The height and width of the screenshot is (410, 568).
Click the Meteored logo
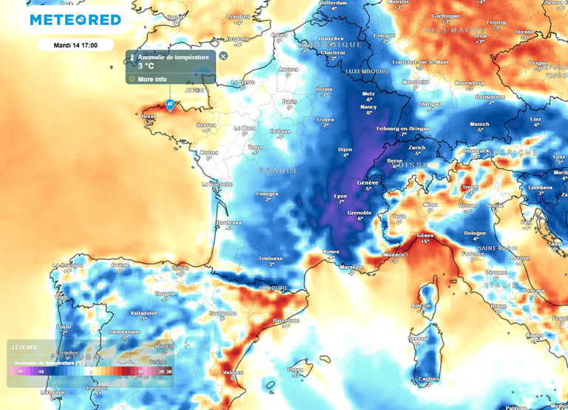tap(75, 20)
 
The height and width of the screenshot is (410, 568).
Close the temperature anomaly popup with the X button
tap(223, 55)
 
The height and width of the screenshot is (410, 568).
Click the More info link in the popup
tap(152, 78)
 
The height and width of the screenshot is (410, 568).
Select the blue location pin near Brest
tap(170, 106)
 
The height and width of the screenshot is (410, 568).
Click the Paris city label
tap(289, 101)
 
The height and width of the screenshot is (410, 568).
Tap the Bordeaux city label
tap(229, 222)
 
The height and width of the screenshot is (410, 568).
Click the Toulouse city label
tap(271, 258)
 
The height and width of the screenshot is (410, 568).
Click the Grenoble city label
tap(359, 213)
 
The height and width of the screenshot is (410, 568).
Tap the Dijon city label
tap(345, 150)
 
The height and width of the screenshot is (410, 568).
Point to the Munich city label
tap(479, 124)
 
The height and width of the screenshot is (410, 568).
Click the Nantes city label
tap(209, 152)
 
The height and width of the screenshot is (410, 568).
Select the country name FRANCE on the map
tap(279, 171)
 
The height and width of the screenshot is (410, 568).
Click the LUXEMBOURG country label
tap(364, 71)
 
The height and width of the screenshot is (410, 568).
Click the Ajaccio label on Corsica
tap(421, 305)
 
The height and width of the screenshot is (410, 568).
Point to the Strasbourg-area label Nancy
tap(368, 107)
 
